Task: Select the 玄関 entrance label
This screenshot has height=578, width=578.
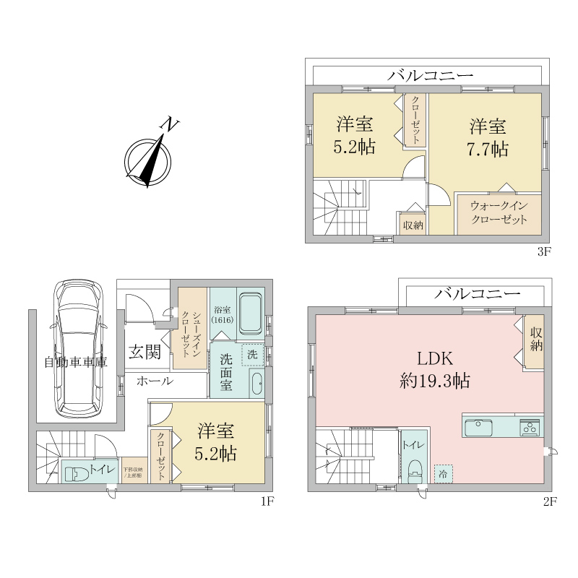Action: click(x=144, y=352)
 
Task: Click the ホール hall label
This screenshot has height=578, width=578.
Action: click(x=154, y=381)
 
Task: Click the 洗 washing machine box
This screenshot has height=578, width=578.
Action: click(x=251, y=355)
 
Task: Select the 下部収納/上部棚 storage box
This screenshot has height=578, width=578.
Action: click(x=132, y=471)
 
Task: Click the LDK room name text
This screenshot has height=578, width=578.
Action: click(x=433, y=358)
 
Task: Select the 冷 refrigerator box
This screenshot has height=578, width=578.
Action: click(x=442, y=473)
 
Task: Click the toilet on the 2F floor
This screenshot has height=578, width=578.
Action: click(x=415, y=473)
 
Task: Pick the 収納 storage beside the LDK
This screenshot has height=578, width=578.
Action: click(x=535, y=341)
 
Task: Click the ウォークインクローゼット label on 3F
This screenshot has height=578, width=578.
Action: click(x=499, y=213)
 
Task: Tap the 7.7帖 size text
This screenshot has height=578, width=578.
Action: click(x=488, y=149)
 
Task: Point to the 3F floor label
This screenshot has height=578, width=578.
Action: click(x=543, y=252)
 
